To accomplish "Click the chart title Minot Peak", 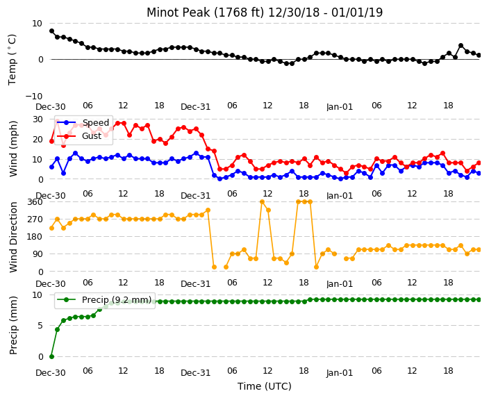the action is click(178, 13).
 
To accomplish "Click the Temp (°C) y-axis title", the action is click(13, 60).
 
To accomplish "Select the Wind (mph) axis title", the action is click(13, 149).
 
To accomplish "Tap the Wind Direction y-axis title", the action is click(13, 237).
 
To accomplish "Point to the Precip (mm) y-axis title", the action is click(13, 325).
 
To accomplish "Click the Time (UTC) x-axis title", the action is click(265, 386).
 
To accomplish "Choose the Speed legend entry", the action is click(83, 122).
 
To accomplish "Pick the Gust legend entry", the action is click(79, 135).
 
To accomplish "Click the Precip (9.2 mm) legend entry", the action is click(104, 300).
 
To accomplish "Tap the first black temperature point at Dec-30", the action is click(52, 31).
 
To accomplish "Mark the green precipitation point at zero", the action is click(52, 356).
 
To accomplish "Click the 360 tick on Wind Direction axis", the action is click(35, 202).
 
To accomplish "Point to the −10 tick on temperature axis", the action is click(33, 96).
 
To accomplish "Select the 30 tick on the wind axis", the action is click(38, 119).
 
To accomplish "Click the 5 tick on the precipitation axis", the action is click(40, 326).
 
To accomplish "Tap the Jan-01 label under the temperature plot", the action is click(340, 107).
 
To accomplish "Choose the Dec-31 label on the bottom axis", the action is click(196, 373).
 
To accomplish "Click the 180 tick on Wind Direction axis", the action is click(35, 236).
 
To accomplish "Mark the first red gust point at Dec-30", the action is click(52, 141).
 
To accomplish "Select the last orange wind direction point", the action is click(479, 249).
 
